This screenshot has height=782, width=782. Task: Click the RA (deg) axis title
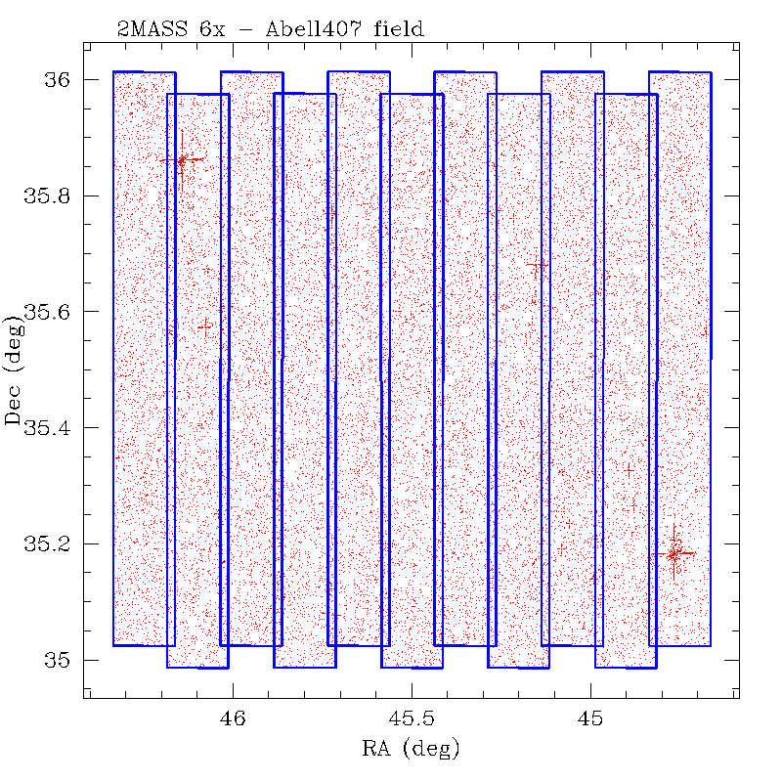click(x=411, y=750)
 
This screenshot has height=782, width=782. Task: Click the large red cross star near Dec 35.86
click(x=182, y=159)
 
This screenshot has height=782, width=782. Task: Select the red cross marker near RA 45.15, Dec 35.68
click(x=537, y=265)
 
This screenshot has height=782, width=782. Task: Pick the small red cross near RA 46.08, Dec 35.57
click(x=204, y=326)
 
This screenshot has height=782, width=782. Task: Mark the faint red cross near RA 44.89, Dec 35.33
click(x=630, y=468)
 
